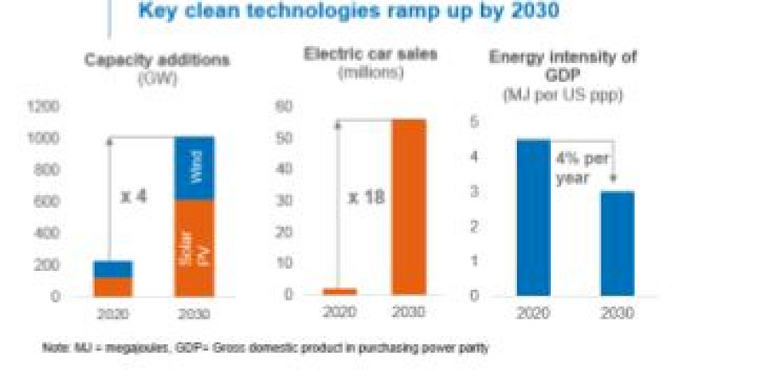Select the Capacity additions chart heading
(x=157, y=61)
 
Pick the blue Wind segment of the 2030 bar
(x=194, y=168)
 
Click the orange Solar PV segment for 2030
(x=194, y=247)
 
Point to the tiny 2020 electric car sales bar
(x=340, y=292)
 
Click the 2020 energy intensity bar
(x=532, y=217)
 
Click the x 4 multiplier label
(x=135, y=196)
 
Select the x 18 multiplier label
(x=366, y=196)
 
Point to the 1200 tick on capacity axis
(x=45, y=106)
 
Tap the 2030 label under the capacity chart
(x=194, y=314)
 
